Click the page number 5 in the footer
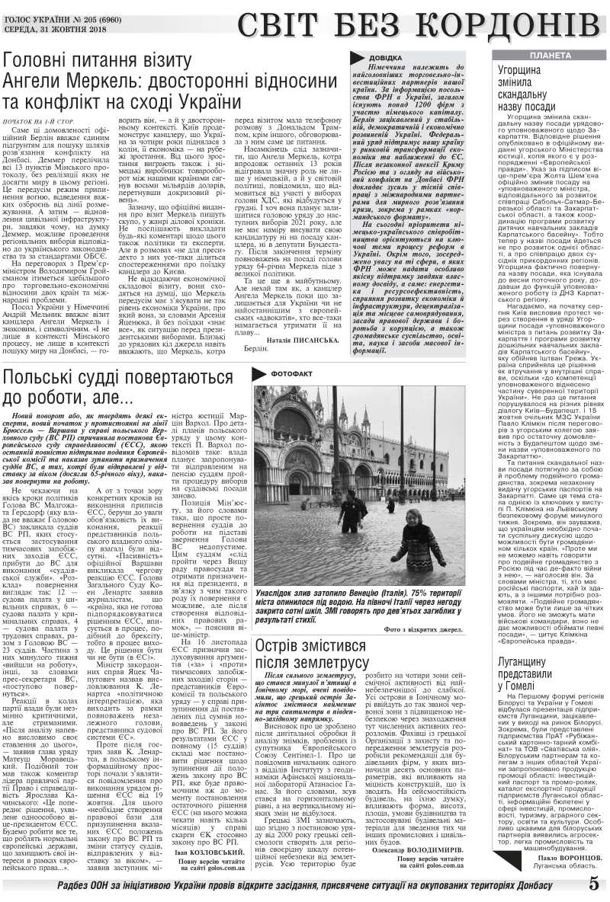coord(592,884)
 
